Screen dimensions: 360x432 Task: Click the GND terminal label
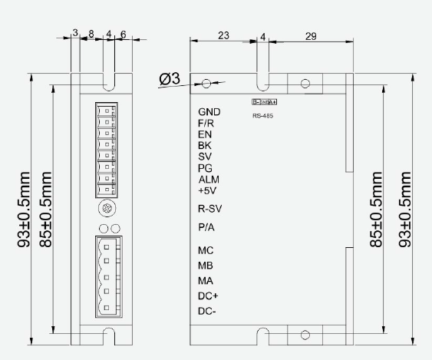(209, 112)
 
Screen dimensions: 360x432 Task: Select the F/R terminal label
(206, 123)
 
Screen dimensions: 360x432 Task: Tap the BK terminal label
(205, 145)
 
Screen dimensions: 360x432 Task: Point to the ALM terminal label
(209, 180)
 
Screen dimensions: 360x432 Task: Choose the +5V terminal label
(208, 190)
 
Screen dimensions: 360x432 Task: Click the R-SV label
(211, 209)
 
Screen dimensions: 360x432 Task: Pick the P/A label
(207, 228)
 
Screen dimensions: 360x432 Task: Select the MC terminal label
(206, 250)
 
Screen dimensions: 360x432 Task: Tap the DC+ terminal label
(209, 296)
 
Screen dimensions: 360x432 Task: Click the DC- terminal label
(208, 311)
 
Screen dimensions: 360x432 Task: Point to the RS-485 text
(262, 116)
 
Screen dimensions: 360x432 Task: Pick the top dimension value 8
(92, 34)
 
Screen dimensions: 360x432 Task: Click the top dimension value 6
(123, 34)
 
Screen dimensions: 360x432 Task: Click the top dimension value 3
(75, 34)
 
